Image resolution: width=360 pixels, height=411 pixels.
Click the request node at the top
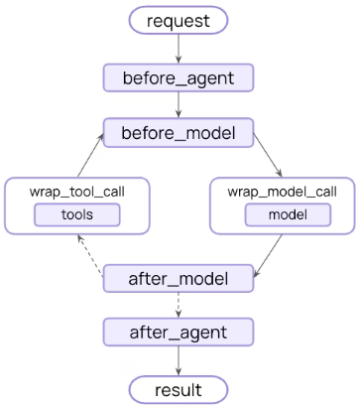[x=180, y=20]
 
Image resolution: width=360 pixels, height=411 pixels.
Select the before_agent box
[x=180, y=77]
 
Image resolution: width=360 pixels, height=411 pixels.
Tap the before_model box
[x=180, y=133]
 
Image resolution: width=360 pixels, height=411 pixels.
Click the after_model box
[x=180, y=280]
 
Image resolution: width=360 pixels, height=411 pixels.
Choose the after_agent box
[x=180, y=332]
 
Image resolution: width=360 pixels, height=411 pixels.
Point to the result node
[x=180, y=388]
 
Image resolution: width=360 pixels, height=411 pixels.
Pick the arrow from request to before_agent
[x=180, y=49]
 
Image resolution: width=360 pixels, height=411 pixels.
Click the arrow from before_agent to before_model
[x=180, y=105]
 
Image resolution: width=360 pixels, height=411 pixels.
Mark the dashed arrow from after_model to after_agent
[x=180, y=306]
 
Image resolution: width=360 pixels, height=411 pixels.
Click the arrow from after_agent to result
[x=180, y=359]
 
